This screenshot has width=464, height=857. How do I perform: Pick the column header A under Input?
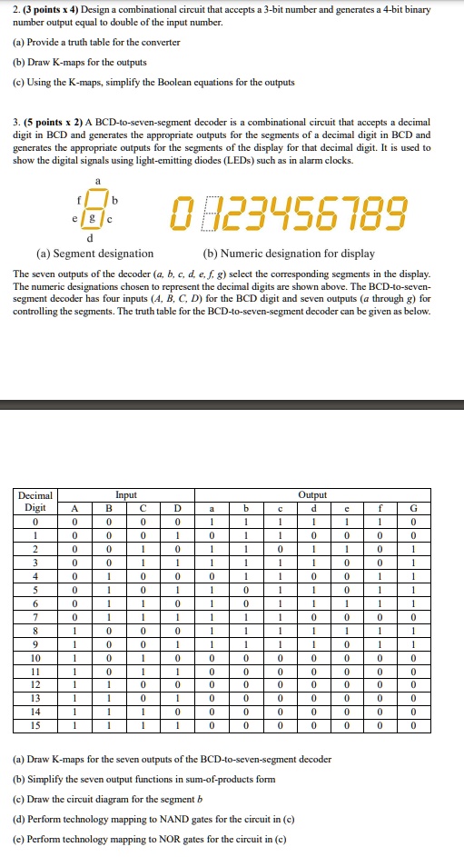(75, 508)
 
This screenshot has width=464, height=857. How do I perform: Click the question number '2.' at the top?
(17, 9)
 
